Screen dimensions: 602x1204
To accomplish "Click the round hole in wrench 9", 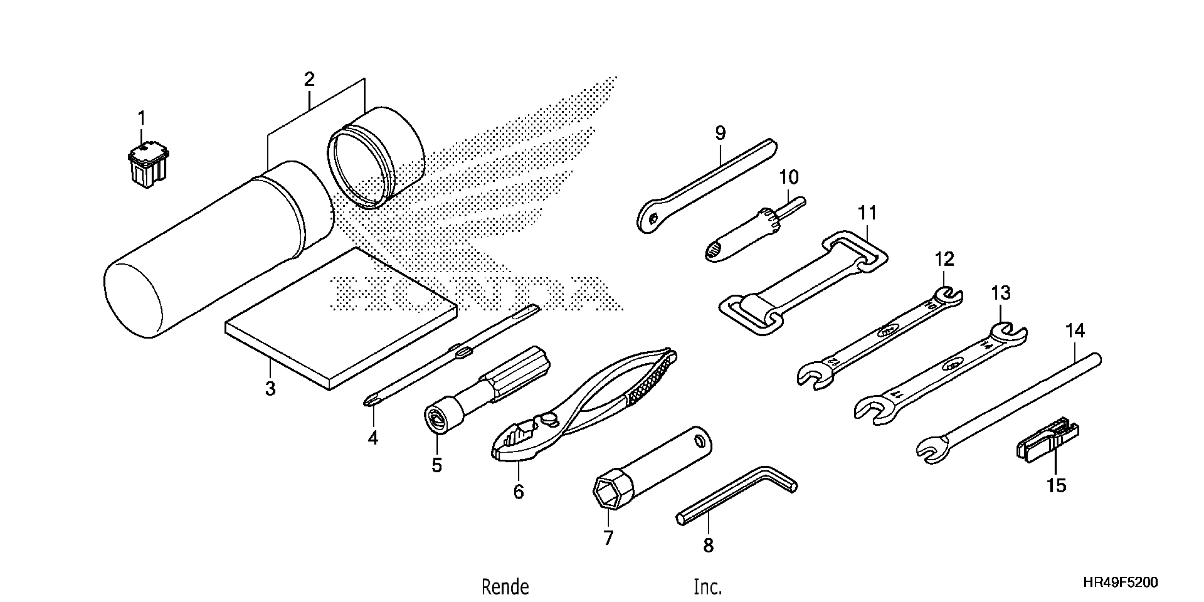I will click(x=653, y=217).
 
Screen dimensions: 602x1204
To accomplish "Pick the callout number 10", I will click(x=789, y=178).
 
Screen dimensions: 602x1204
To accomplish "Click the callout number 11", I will click(x=868, y=214).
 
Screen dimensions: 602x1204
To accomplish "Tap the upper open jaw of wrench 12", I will click(x=947, y=295).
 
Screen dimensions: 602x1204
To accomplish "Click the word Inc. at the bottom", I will click(x=708, y=587).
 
